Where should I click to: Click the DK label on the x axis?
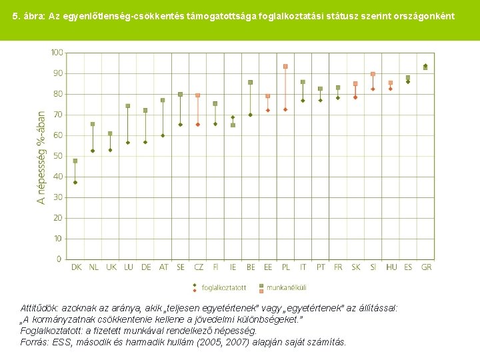coord(75,267)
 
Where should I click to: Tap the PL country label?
coord(285,267)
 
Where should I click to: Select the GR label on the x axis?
coord(426,267)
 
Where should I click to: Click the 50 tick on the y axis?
coord(58,156)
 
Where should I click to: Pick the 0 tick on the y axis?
coord(59,259)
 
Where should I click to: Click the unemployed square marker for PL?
coord(285,67)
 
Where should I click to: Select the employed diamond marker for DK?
coord(75,182)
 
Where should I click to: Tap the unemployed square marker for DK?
coord(75,161)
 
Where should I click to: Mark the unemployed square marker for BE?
coord(251,83)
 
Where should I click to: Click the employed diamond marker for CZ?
coord(198,125)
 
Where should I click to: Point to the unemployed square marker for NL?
coord(93,124)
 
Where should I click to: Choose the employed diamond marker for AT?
coord(163,135)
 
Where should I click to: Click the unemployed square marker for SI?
coord(373,74)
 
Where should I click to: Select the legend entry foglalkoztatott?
coord(223,288)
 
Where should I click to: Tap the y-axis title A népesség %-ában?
coord(41,157)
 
